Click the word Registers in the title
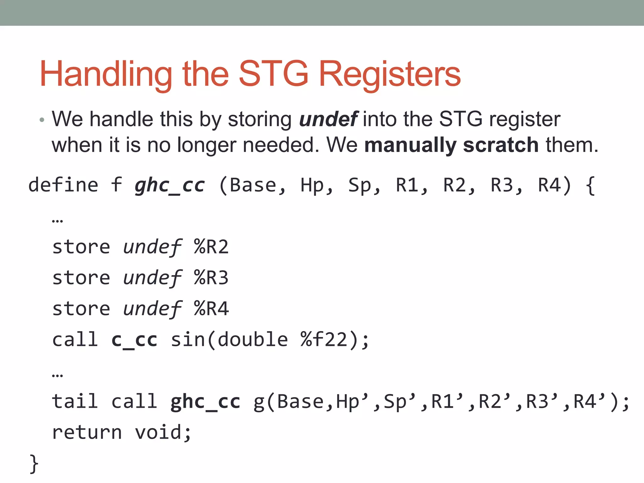tap(390, 74)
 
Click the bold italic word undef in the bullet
tap(328, 119)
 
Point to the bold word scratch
tap(501, 145)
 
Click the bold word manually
tap(410, 146)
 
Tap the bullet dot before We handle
tap(42, 120)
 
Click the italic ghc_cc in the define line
tap(170, 185)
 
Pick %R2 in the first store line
tap(211, 247)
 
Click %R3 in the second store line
tap(211, 278)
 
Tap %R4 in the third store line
tap(211, 309)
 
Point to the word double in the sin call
tap(253, 340)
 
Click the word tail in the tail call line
tap(75, 402)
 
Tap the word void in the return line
tap(158, 433)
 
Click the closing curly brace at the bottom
tap(34, 464)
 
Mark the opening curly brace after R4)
tap(591, 186)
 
